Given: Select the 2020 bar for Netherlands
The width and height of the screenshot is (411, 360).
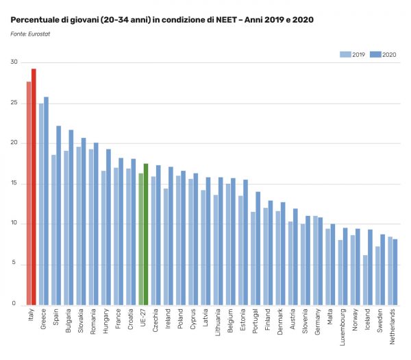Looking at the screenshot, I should [395, 272].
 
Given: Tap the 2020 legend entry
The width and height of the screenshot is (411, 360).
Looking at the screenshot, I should [384, 53].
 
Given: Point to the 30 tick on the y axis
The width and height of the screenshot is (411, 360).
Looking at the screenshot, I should [14, 62].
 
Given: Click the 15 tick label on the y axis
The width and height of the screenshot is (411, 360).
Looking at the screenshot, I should [14, 184].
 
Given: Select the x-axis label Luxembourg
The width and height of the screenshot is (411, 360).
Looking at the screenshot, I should [340, 328].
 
